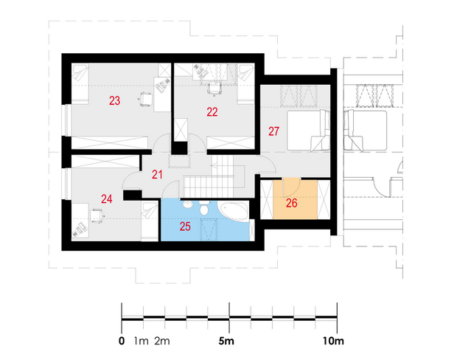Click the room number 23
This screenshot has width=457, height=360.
[x=114, y=100]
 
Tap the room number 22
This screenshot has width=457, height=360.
[x=212, y=112]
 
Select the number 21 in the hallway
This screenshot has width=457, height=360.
[x=157, y=175]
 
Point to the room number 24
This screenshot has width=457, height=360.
[x=107, y=199]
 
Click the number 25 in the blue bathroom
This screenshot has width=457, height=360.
[x=185, y=226]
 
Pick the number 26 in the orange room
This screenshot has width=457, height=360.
[x=291, y=204]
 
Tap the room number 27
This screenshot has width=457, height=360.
[x=273, y=131]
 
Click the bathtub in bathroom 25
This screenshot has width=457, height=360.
[x=234, y=212]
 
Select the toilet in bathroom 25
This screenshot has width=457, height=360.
[x=203, y=208]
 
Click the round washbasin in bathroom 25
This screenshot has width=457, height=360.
[x=188, y=205]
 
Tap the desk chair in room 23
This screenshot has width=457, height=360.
[x=145, y=99]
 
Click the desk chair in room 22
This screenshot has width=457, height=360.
[x=214, y=89]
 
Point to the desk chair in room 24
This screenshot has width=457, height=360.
[x=97, y=216]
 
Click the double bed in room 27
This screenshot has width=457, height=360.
[x=308, y=131]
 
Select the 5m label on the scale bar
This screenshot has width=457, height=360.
[x=226, y=341]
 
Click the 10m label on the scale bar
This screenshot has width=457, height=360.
[x=333, y=341]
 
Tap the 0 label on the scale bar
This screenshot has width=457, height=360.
[x=122, y=341]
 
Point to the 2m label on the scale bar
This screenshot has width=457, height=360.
[x=162, y=341]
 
